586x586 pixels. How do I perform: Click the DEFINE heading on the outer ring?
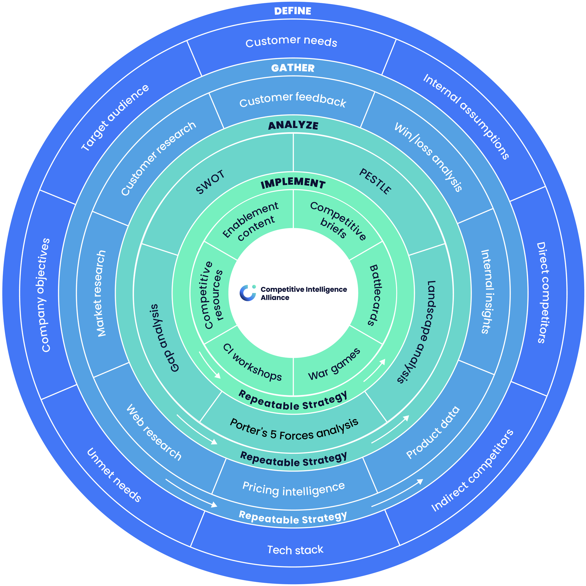292,11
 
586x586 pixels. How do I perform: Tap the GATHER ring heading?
293,68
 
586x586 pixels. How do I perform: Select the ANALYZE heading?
293,126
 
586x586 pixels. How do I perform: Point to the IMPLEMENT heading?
293,183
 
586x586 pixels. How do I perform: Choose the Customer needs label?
291,42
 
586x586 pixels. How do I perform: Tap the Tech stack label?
295,550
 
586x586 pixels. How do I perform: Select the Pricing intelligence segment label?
293,489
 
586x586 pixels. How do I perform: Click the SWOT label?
210,182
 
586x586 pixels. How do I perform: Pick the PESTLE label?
376,182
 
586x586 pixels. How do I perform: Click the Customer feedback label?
292,100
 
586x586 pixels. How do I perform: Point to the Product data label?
433,433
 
